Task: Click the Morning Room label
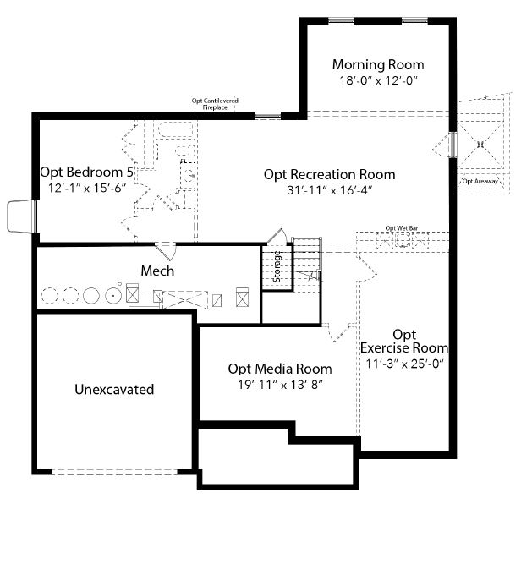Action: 378,64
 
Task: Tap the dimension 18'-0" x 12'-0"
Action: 378,80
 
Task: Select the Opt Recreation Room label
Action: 329,174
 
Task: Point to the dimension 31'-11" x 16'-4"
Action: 330,189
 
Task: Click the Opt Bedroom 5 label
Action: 87,172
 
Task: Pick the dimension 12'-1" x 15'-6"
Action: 87,188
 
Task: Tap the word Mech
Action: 157,271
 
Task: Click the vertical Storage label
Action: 277,266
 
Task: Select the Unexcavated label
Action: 114,390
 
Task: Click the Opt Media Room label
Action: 280,369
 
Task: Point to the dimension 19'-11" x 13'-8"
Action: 280,385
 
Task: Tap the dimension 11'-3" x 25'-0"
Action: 404,364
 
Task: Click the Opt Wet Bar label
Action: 402,228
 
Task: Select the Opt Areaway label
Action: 480,181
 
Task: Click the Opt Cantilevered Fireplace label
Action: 215,104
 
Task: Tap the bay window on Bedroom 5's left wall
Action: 22,216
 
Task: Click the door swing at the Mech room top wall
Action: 167,251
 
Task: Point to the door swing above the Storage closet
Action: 277,237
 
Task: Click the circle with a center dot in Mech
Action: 113,295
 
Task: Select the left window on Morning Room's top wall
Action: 342,21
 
